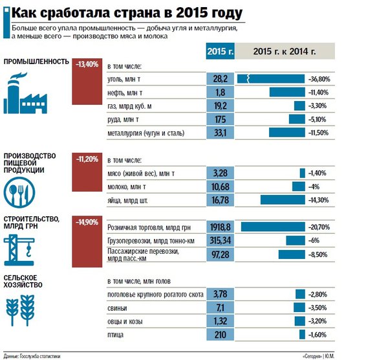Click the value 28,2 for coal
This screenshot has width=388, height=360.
click(220, 78)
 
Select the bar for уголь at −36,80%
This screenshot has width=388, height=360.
click(272, 78)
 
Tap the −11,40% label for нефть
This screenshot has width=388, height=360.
click(322, 92)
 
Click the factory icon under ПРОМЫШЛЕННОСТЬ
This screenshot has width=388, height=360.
click(27, 94)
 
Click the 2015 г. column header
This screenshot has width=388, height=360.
click(220, 52)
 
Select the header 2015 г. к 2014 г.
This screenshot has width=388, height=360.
click(285, 52)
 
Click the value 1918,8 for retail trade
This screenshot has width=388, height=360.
click(220, 227)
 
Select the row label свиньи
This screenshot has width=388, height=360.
click(116, 308)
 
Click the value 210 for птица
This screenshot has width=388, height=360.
click(220, 335)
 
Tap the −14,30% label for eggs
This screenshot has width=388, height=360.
click(322, 201)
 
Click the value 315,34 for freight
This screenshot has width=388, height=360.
click(220, 240)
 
